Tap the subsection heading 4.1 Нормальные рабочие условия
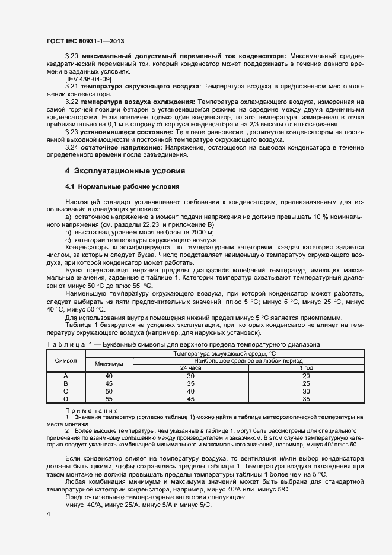pos(119,187)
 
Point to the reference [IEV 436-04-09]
pos(88,79)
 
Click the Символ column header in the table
pos(66,361)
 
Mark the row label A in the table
pos(66,376)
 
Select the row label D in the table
pos(66,399)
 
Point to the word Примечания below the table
pos(91,410)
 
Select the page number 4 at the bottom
pos(49,514)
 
